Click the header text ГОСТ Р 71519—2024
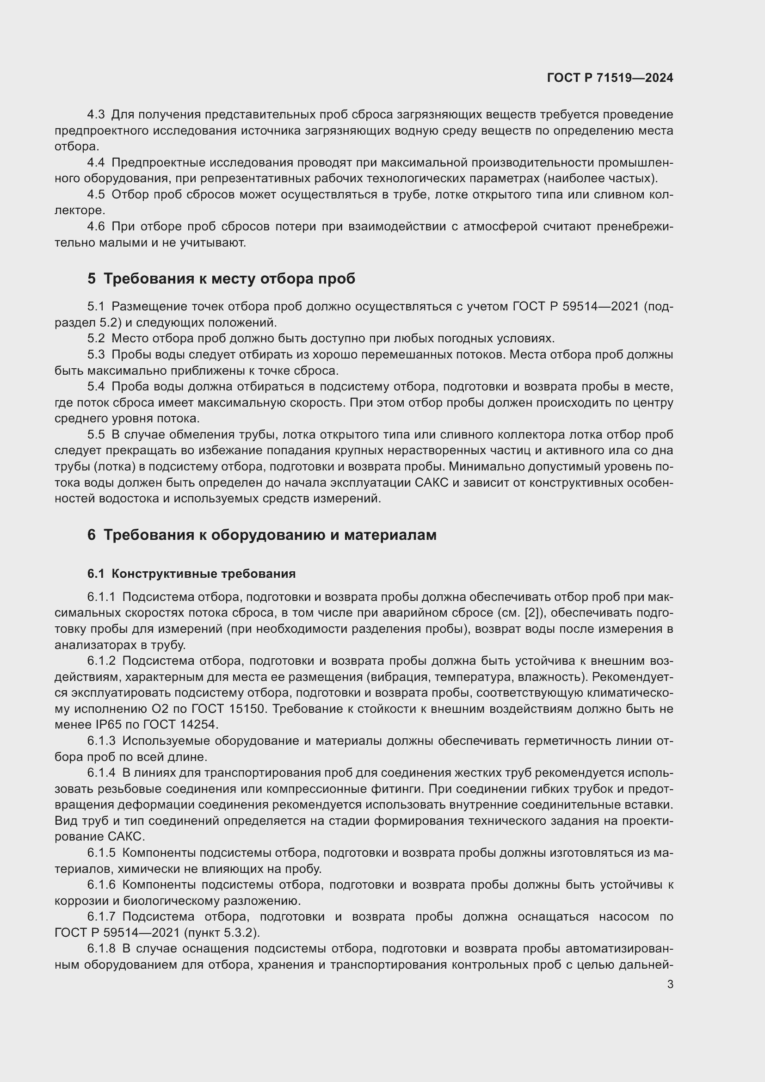tap(610, 78)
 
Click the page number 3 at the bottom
tap(670, 984)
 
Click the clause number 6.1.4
tap(101, 773)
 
